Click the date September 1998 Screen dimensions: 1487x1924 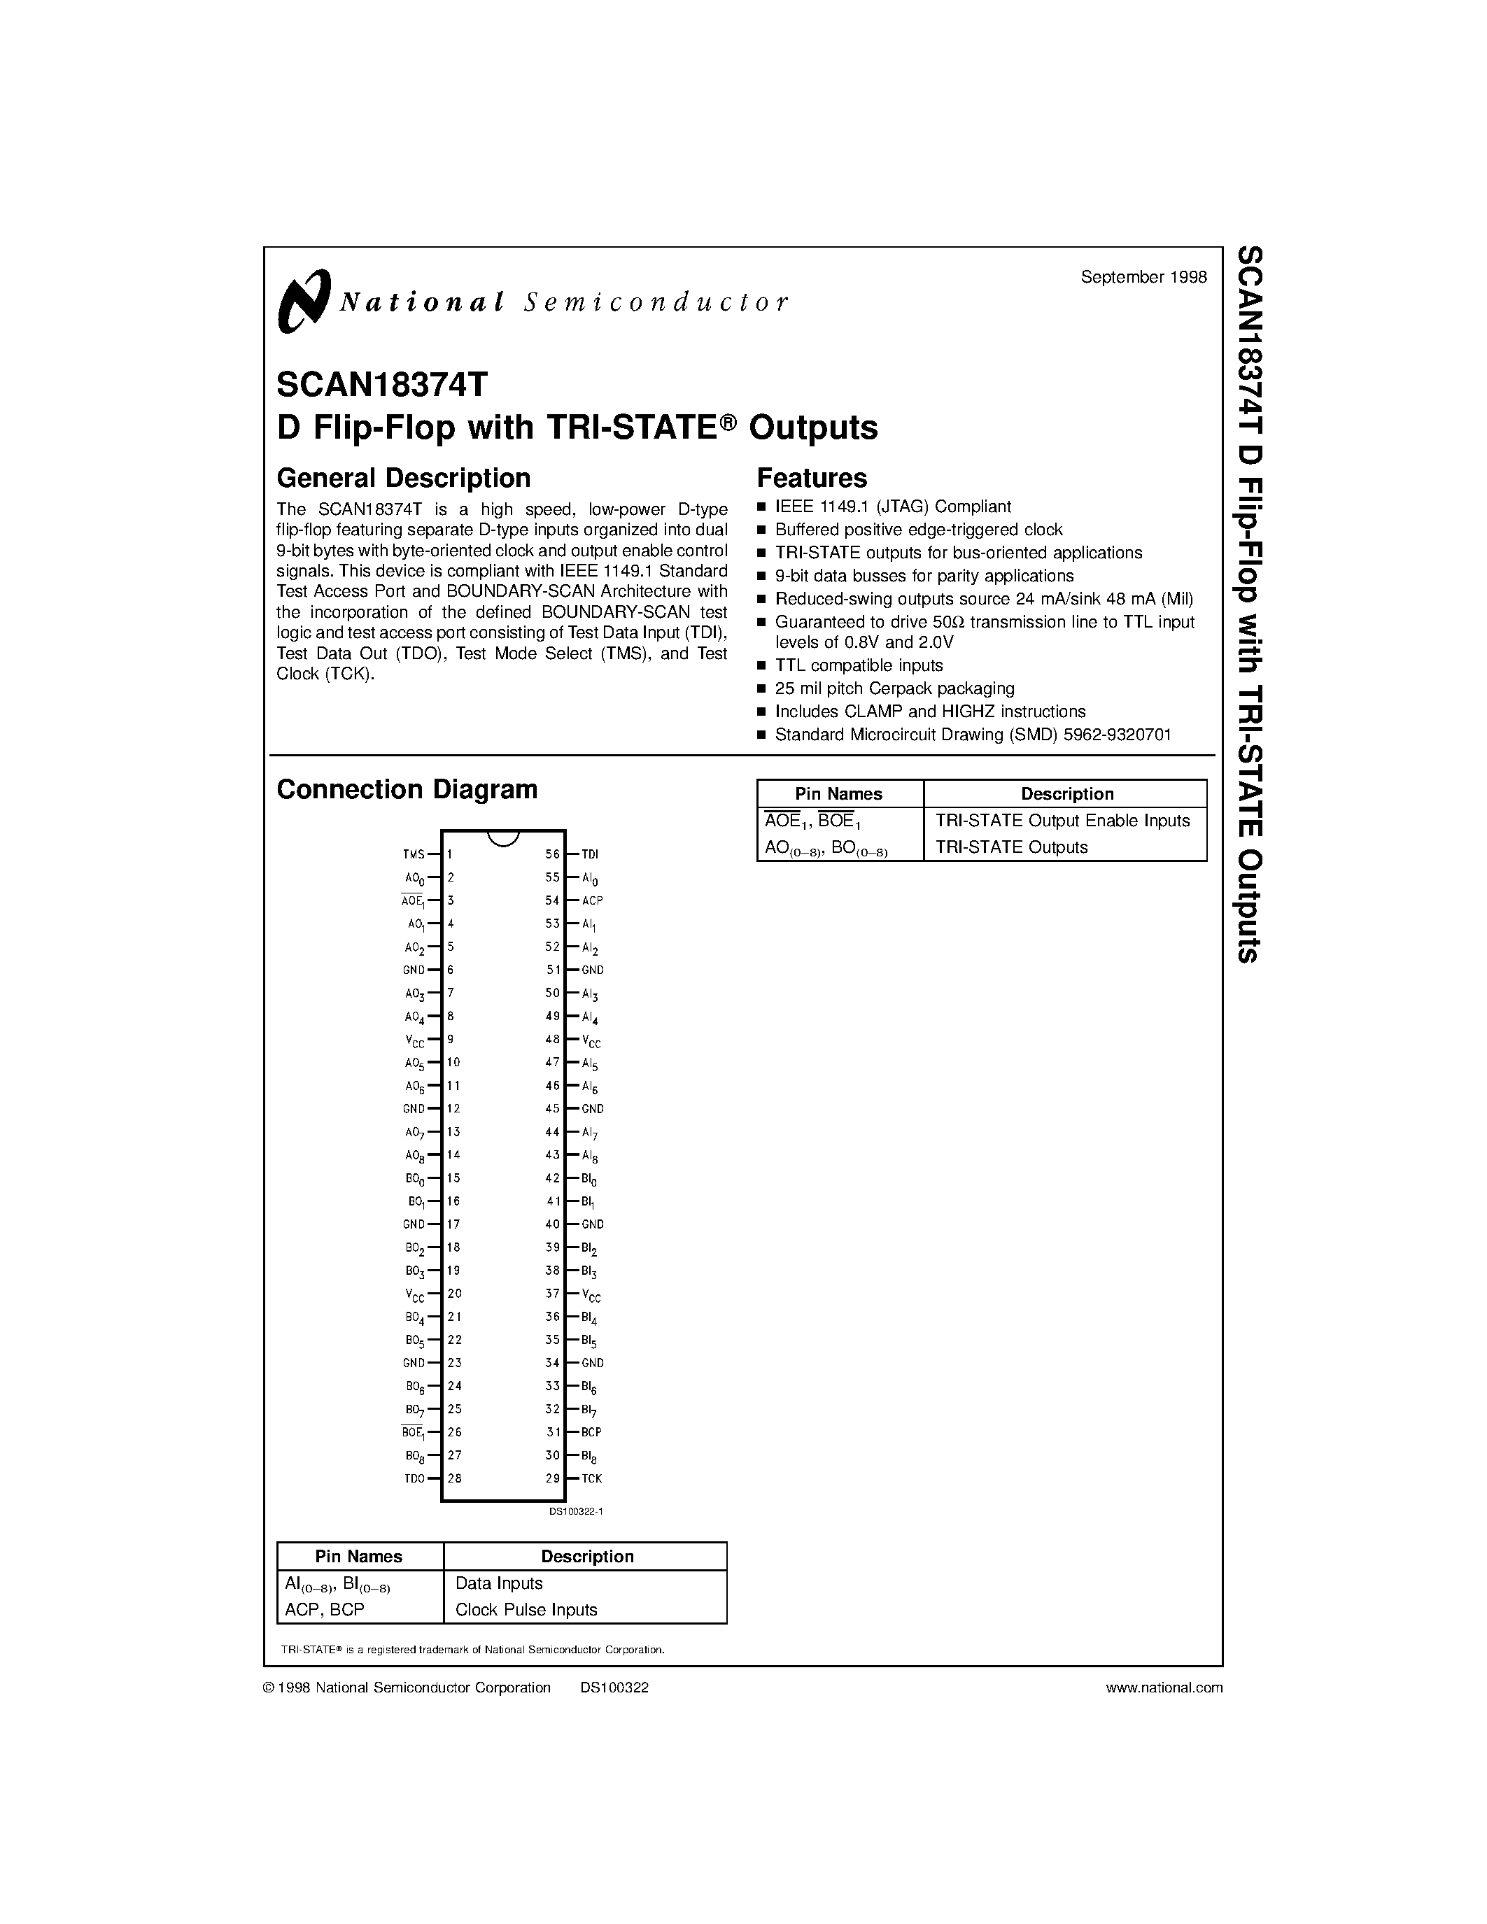tap(1143, 276)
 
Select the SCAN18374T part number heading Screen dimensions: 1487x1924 tap(381, 384)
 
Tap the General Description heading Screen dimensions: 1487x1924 tap(404, 477)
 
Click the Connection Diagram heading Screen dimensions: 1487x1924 tap(407, 788)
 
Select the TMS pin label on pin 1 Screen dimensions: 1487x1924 tap(413, 854)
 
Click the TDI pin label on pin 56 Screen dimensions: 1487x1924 tap(590, 854)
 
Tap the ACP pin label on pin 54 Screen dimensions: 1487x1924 tap(592, 900)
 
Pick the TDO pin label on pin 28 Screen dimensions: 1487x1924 tap(414, 1478)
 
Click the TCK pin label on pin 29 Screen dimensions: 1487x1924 tap(592, 1478)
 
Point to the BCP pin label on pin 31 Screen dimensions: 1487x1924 tap(592, 1432)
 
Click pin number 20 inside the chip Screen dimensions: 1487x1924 tap(455, 1293)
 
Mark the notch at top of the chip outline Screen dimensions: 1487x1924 tap(503, 837)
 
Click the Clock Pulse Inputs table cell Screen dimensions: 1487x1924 tap(526, 1609)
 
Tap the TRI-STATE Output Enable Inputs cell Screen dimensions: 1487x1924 tap(1062, 820)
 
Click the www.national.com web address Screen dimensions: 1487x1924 tap(1164, 1687)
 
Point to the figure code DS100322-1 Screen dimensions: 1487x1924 tap(575, 1511)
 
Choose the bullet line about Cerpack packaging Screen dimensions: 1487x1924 tap(894, 688)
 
